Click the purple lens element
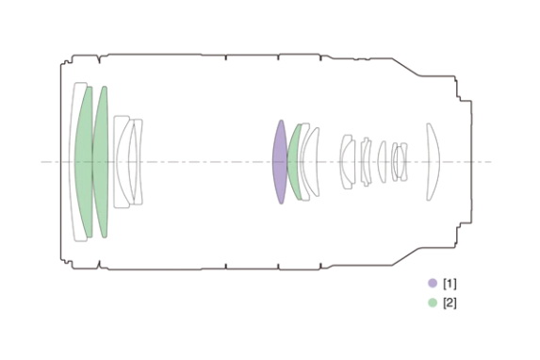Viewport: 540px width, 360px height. (280, 162)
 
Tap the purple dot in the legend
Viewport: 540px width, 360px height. (433, 283)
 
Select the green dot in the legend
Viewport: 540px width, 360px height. (433, 303)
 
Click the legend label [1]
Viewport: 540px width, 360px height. (450, 284)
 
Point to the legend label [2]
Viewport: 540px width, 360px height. (450, 303)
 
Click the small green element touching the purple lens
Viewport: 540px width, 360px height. (293, 162)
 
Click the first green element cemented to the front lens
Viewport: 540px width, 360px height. (84, 162)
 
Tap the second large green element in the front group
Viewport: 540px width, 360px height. (101, 162)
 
